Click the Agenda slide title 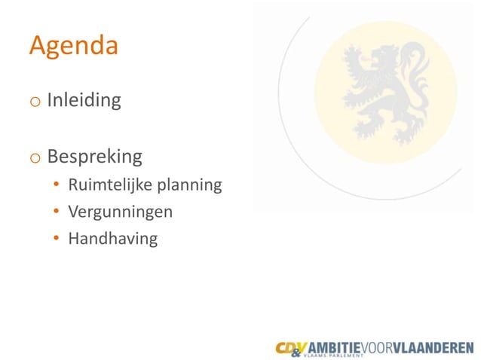(73, 47)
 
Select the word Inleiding (84, 100)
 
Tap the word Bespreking (94, 157)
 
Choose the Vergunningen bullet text (120, 212)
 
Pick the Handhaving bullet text (112, 239)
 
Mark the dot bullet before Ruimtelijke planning (57, 185)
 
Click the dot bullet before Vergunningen (57, 212)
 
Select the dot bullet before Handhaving (57, 239)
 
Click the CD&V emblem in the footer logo (291, 347)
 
